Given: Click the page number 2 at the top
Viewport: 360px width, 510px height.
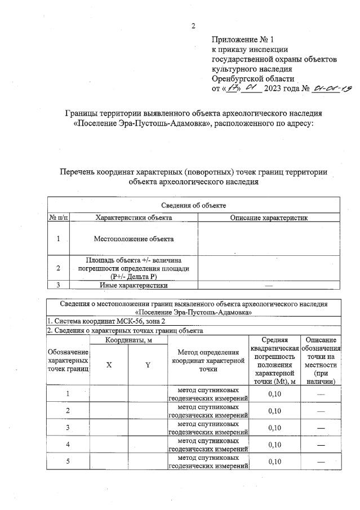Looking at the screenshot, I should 193,26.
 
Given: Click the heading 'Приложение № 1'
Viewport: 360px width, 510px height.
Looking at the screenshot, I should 242,40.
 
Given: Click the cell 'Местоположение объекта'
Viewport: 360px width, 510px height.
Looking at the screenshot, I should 134,239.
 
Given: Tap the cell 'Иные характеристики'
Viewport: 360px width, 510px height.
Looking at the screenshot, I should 134,285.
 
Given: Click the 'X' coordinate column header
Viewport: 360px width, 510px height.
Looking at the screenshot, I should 109,365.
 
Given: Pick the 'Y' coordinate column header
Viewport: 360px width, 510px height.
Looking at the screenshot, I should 148,365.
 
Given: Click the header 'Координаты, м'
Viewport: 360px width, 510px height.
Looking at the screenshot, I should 128,340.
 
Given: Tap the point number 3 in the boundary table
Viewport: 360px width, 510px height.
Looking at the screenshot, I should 68,428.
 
